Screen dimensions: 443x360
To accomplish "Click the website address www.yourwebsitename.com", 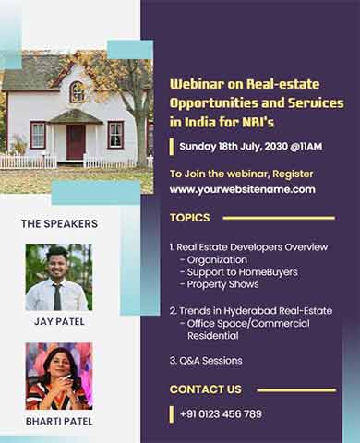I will [x=242, y=189].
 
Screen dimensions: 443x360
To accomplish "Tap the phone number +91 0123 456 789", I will [x=221, y=413].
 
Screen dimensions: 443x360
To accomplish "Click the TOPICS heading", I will [x=189, y=218].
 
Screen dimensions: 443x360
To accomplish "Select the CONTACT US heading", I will [x=205, y=389].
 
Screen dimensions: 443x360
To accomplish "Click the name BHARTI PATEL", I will [x=58, y=422].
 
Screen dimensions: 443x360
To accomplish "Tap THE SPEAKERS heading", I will [x=59, y=223].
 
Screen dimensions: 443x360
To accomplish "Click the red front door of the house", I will [x=76, y=142].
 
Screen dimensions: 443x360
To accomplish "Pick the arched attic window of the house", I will [x=77, y=92].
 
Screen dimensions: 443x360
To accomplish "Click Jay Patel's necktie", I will [x=57, y=295].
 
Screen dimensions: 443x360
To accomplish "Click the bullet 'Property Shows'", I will [x=222, y=284].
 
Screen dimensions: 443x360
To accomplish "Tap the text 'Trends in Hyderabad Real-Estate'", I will [x=254, y=311].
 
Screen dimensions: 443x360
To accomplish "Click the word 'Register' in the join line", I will [x=291, y=174].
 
